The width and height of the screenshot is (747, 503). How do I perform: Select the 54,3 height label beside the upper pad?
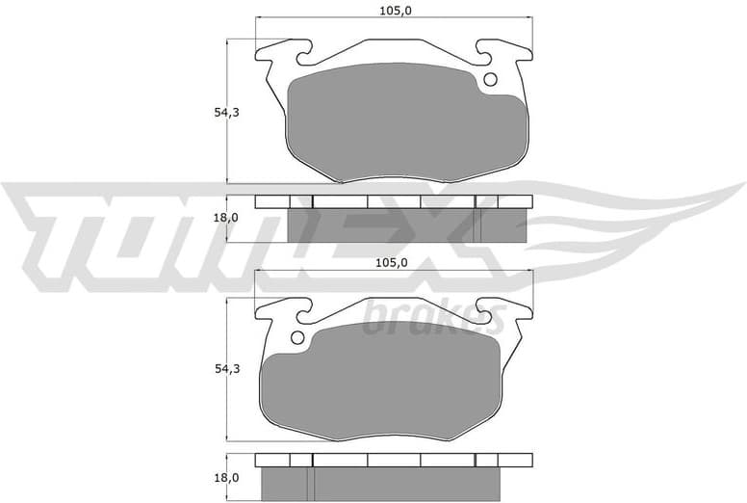(226, 113)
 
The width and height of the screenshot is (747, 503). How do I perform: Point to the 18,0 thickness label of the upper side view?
(226, 218)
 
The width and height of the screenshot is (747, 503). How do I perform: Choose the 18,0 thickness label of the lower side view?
(226, 477)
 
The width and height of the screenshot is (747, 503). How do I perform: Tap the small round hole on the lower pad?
(297, 337)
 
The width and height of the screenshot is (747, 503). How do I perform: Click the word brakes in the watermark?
(433, 317)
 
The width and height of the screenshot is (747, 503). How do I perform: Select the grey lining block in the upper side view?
(404, 227)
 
